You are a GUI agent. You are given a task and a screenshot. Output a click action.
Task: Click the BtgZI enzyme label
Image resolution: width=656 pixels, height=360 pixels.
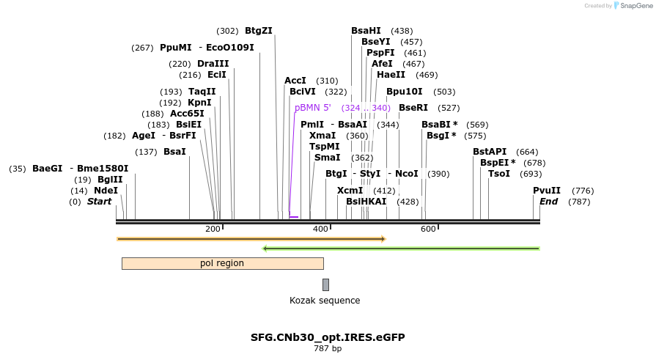point(258,31)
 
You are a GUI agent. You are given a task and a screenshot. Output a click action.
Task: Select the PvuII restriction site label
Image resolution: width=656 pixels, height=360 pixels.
point(546,191)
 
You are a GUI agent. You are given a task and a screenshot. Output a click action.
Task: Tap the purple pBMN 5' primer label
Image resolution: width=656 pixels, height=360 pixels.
point(313,108)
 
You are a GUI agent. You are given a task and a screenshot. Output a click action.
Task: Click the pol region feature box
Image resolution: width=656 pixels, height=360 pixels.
point(222,263)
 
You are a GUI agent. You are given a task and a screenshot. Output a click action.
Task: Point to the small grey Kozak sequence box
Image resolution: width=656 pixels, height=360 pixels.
point(325,284)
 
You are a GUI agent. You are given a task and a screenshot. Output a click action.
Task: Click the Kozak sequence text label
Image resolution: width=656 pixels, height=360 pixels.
point(325,301)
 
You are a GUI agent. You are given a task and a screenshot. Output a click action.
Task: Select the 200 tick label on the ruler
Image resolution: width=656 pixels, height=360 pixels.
point(213,229)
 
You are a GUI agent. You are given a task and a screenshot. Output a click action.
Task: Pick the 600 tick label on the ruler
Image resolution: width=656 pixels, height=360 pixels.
point(428,229)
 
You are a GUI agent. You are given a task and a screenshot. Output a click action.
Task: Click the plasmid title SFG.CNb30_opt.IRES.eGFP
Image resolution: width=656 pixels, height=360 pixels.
point(328,337)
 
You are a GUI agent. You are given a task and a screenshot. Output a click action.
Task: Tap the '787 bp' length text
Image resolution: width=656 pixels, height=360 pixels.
point(328,348)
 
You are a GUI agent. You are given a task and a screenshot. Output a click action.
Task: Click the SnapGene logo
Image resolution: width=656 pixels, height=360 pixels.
point(633,6)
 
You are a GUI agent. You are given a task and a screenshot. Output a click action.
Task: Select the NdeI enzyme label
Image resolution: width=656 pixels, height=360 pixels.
point(106,191)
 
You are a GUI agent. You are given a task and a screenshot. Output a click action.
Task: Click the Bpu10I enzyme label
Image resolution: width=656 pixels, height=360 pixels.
point(405,92)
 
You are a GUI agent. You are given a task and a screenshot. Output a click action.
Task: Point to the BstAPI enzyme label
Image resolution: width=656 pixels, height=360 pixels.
point(490,152)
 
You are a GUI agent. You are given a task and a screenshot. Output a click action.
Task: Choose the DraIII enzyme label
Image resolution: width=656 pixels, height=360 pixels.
point(213,64)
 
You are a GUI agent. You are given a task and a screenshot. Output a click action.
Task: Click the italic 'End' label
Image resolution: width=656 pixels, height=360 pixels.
point(549,202)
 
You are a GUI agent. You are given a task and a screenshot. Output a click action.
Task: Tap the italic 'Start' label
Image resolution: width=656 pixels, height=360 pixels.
point(99,202)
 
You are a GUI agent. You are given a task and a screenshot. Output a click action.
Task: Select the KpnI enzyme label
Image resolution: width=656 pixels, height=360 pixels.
point(199,103)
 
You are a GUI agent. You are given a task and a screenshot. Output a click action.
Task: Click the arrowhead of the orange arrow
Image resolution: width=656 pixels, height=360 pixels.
point(383,239)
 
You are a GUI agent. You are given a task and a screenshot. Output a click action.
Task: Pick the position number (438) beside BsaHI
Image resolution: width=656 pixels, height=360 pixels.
point(402,31)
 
